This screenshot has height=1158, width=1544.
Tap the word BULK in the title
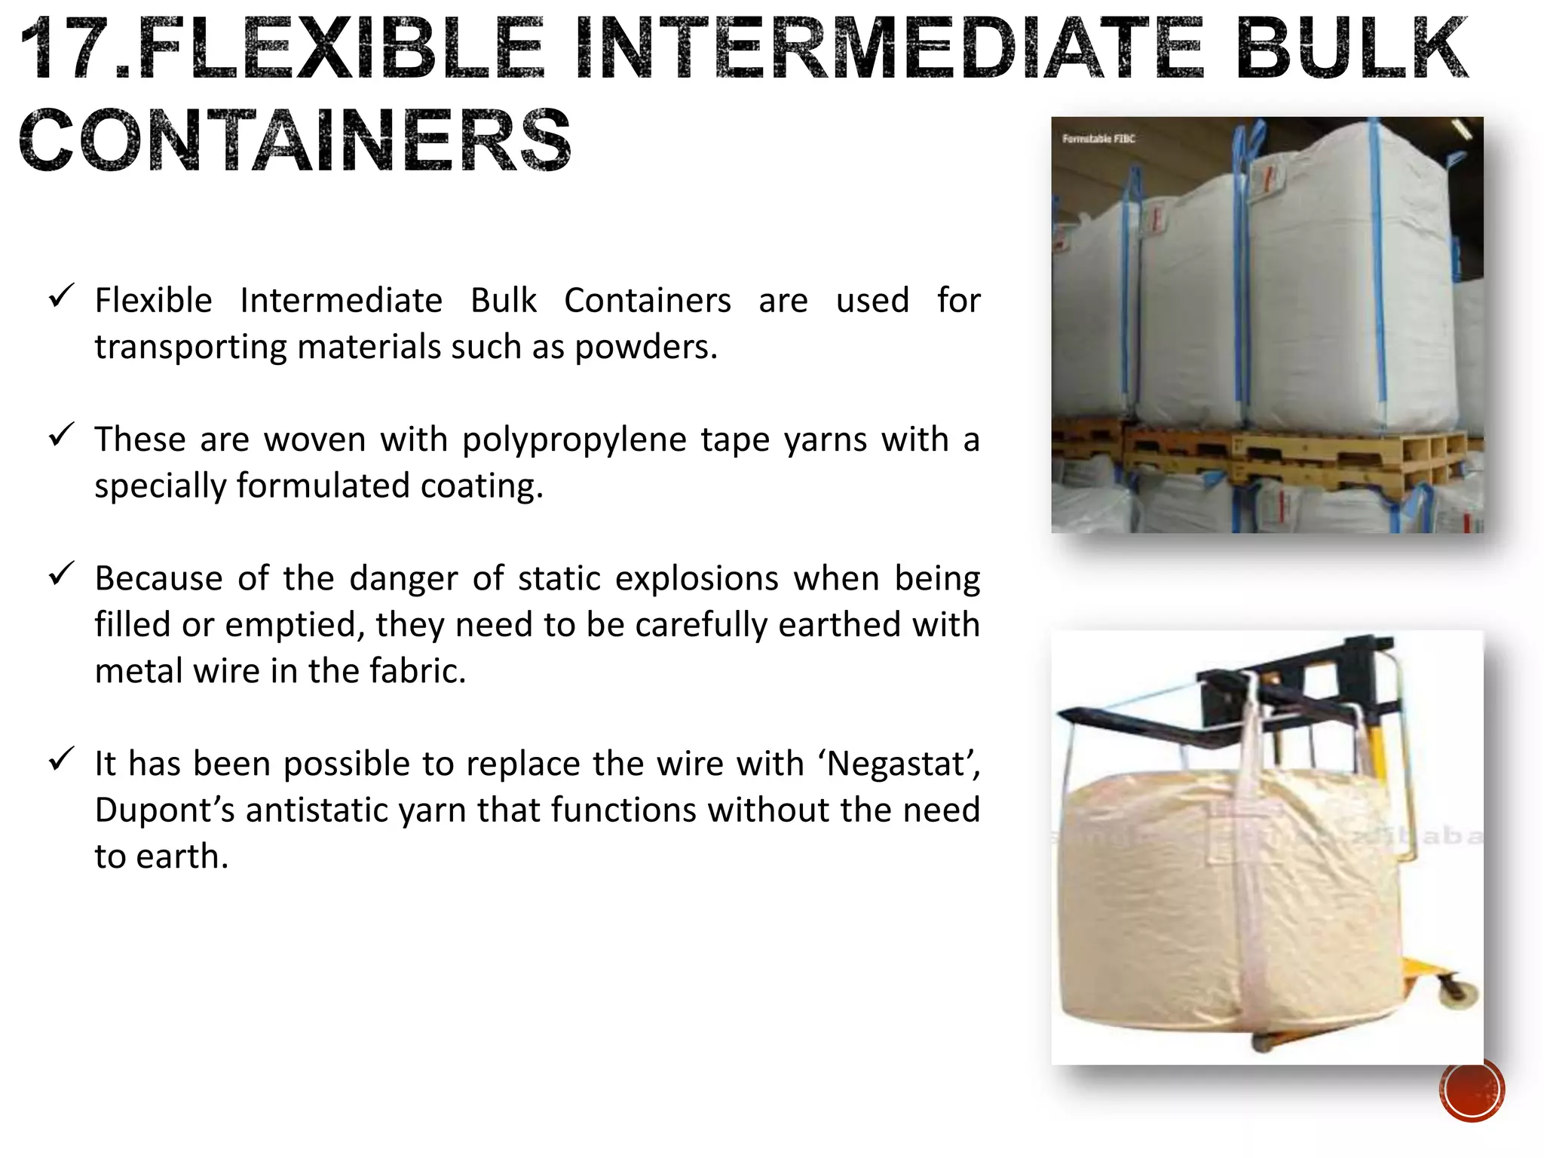[1351, 48]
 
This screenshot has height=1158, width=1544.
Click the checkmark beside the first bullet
[60, 296]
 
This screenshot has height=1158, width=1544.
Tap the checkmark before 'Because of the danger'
[60, 574]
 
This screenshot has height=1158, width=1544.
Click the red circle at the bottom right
[1472, 1090]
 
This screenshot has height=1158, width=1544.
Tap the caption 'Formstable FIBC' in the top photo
[1098, 139]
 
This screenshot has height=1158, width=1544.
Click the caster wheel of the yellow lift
[1461, 995]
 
